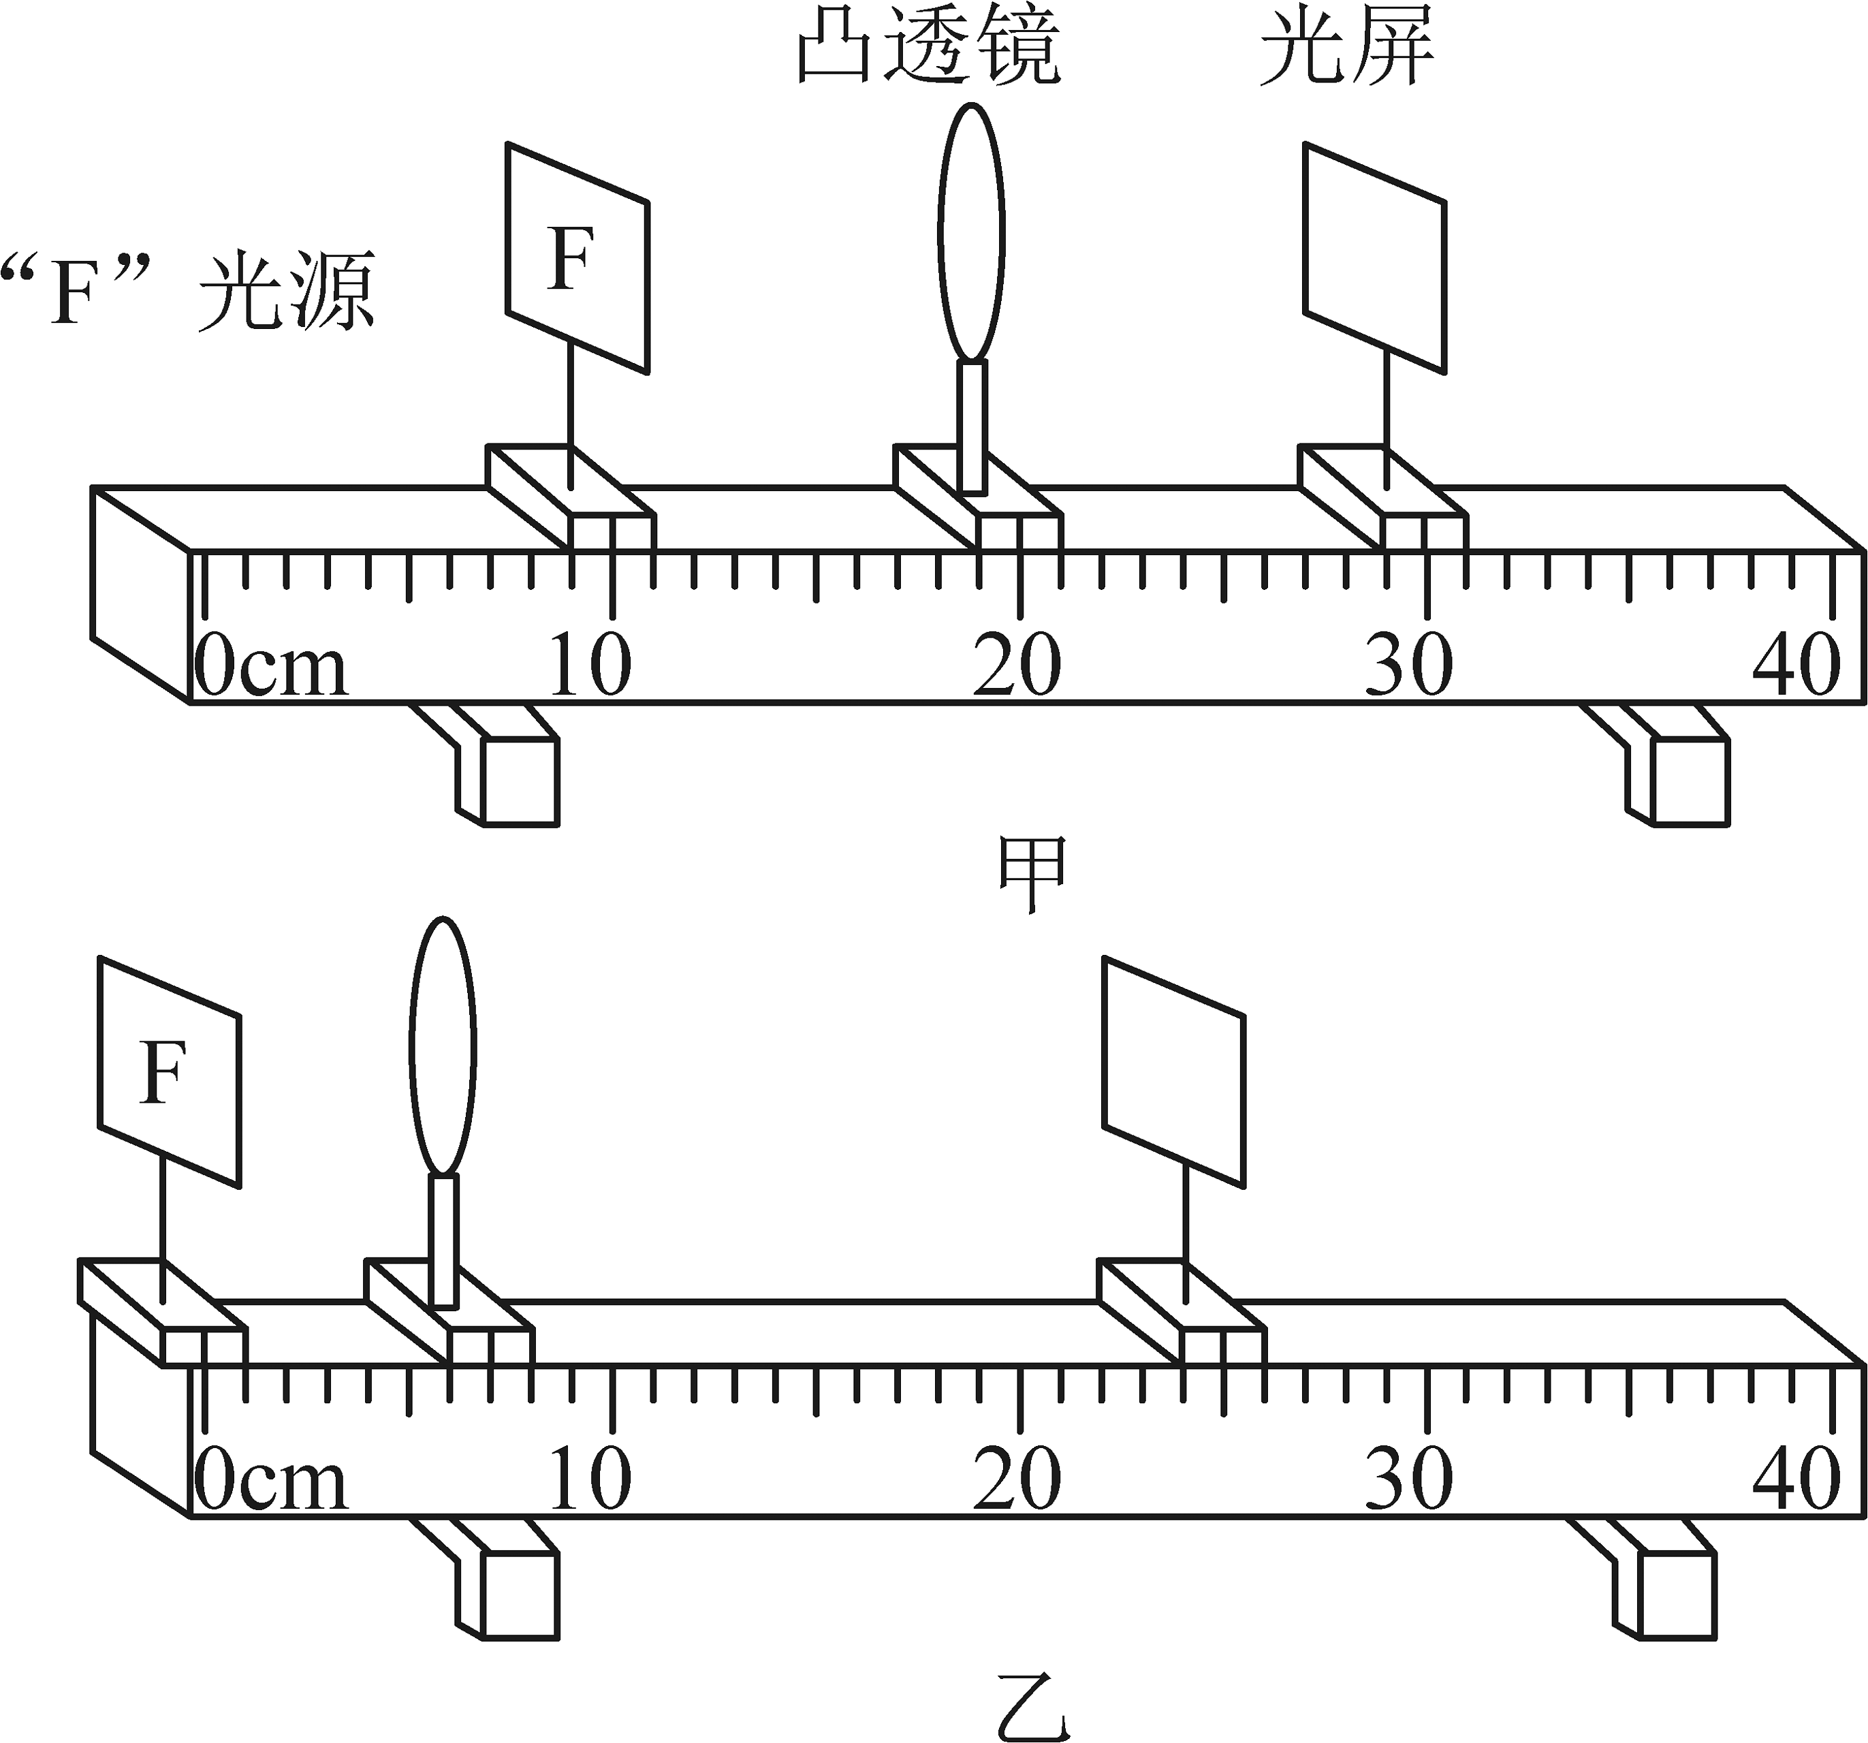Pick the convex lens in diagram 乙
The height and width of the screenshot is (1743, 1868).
(x=443, y=1046)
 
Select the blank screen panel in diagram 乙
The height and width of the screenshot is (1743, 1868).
(x=1173, y=1072)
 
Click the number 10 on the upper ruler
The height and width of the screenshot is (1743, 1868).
(x=589, y=663)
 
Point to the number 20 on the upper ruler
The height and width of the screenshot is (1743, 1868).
(x=1017, y=663)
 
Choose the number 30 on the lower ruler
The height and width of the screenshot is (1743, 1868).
(x=1408, y=1478)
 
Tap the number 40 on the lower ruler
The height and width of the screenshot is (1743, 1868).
(x=1796, y=1478)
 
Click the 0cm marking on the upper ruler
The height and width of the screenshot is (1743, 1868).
(x=270, y=663)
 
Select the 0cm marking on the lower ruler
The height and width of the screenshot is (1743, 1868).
(x=270, y=1478)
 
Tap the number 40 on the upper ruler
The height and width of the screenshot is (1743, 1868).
(x=1796, y=663)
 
